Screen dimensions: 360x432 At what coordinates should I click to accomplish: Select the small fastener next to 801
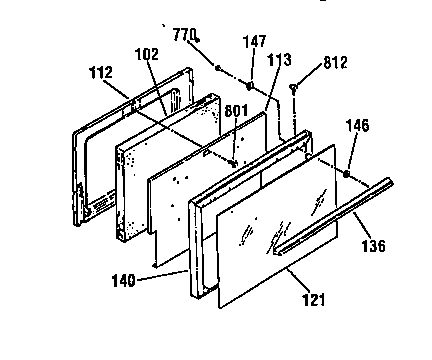233,161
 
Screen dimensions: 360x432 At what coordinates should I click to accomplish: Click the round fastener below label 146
345,173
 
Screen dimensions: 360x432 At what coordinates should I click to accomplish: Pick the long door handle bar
335,214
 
